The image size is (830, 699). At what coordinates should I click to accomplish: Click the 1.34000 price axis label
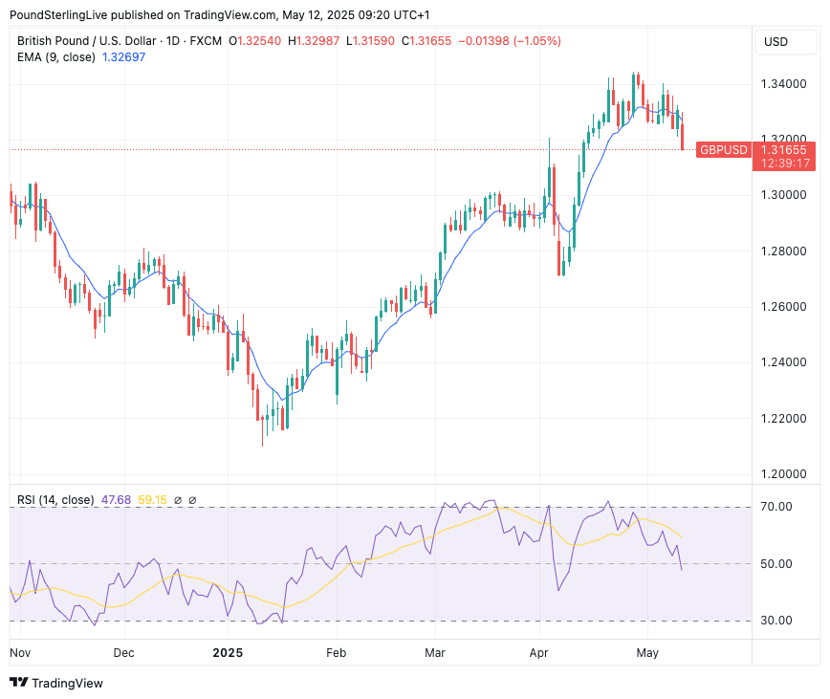[782, 84]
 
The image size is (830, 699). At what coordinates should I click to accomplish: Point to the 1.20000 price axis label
[782, 474]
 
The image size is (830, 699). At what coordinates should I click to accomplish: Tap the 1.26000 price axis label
[782, 307]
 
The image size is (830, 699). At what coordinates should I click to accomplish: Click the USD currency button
[775, 41]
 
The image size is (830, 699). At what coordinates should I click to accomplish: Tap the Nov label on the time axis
[20, 653]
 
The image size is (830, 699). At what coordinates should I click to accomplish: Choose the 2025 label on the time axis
[228, 653]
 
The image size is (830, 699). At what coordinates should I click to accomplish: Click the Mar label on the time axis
[435, 653]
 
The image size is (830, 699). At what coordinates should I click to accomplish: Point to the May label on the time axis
[647, 653]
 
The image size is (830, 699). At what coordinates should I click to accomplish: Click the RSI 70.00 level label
[775, 507]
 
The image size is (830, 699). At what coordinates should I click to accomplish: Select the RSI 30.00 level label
[775, 621]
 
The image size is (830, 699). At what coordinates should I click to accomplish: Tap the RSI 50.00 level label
[775, 564]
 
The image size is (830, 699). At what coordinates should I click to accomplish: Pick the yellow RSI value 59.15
[153, 500]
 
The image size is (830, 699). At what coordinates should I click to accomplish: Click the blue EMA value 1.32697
[123, 57]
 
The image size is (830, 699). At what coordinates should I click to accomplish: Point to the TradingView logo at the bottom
[56, 683]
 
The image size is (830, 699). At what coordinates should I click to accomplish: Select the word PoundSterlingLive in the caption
[57, 15]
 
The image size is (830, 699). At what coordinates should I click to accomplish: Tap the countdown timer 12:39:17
[783, 164]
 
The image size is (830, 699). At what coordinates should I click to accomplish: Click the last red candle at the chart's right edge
[683, 137]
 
